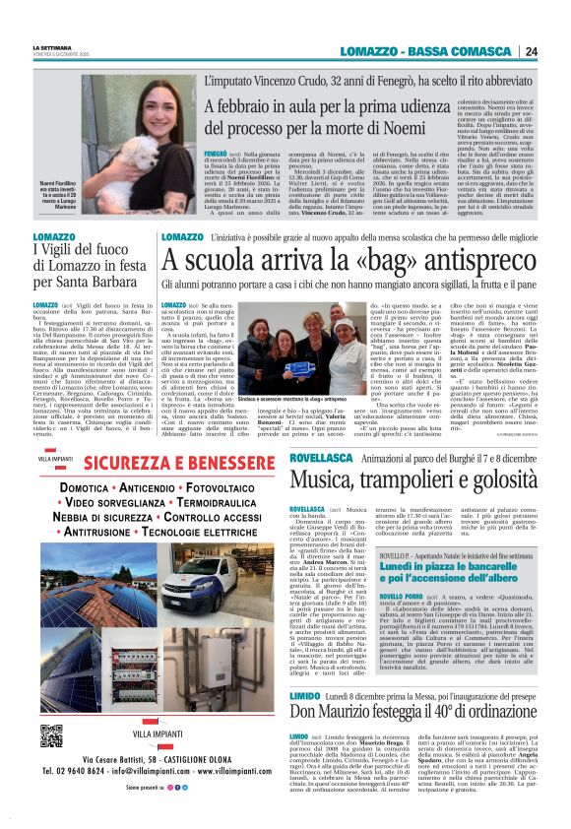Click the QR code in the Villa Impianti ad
pos(52,736)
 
